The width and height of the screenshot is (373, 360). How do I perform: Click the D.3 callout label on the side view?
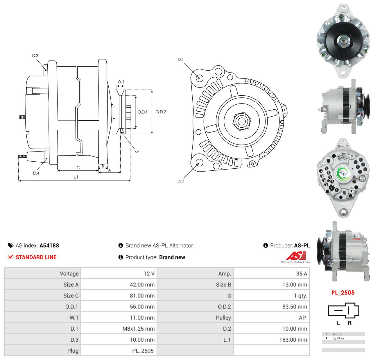coord(35,56)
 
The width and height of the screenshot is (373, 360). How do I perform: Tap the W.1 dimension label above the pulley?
coord(121,81)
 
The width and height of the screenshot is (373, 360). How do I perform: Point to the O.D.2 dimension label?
coord(161,112)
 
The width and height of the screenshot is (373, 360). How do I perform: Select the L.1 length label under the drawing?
coord(76,177)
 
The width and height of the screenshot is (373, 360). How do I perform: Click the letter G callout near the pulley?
coord(137,152)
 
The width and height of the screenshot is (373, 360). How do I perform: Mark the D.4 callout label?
coord(36,173)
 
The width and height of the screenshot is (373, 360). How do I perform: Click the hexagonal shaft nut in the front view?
coord(242,121)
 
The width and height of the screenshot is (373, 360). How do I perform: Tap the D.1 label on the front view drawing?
coord(181,60)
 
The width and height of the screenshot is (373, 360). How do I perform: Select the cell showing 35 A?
coord(302,274)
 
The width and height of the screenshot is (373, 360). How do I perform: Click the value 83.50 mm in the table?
coord(295,307)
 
